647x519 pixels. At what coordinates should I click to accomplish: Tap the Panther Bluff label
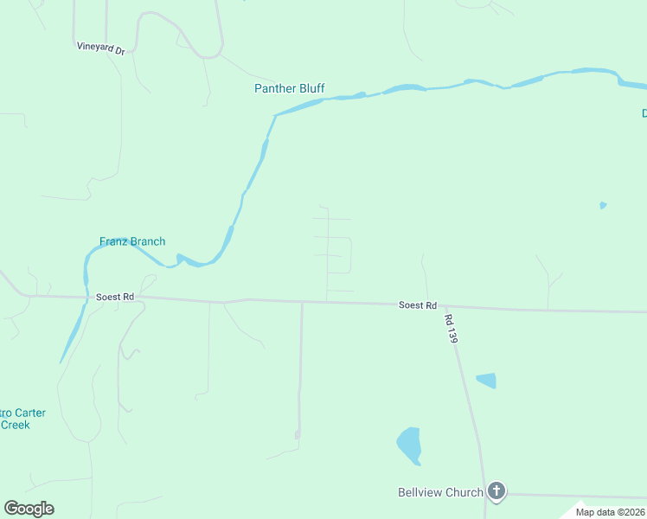(289, 89)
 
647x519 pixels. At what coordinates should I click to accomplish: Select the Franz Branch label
(132, 241)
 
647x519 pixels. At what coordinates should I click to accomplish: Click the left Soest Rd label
(114, 297)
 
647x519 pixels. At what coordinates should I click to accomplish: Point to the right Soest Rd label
(418, 305)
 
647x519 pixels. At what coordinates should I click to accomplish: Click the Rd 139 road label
(451, 329)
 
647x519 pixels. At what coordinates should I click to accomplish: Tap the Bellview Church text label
(440, 493)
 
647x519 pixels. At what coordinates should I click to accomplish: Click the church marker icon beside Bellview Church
(496, 492)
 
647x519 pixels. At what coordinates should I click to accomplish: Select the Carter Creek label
(19, 419)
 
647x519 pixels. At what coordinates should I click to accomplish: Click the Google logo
(29, 509)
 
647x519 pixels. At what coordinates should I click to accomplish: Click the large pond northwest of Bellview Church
(409, 445)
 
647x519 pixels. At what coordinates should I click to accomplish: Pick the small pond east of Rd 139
(487, 380)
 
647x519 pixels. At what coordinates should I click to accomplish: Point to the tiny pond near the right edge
(603, 205)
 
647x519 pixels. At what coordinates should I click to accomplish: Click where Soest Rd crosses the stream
(87, 297)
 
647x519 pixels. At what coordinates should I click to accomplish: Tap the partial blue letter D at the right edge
(644, 113)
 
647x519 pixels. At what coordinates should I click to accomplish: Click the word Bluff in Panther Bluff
(311, 89)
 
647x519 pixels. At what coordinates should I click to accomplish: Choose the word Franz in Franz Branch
(114, 241)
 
